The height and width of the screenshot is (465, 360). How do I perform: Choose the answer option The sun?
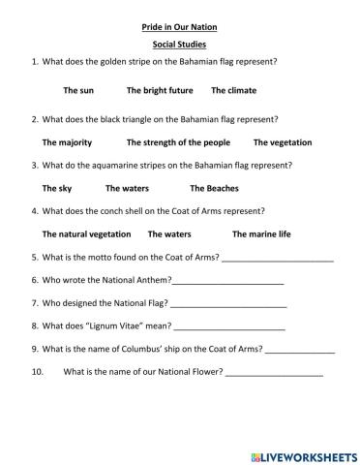pyautogui.click(x=78, y=90)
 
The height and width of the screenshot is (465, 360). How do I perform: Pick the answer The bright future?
pyautogui.click(x=158, y=90)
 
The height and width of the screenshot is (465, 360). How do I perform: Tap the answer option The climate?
pyautogui.click(x=232, y=90)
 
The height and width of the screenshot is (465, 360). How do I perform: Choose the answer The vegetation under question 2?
pyautogui.click(x=283, y=142)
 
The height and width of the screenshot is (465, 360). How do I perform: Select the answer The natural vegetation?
pyautogui.click(x=87, y=233)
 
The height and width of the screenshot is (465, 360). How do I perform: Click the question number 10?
pyautogui.click(x=39, y=371)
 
